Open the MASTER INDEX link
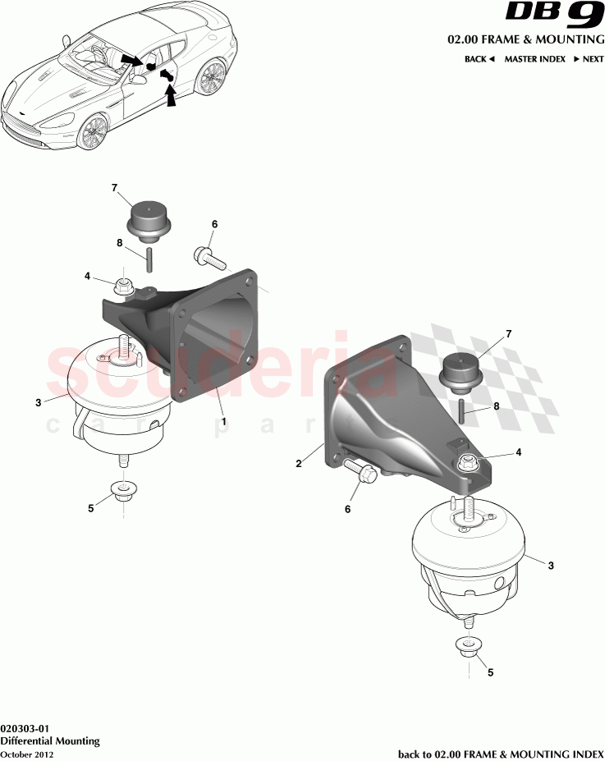(x=534, y=60)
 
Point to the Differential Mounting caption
(x=50, y=740)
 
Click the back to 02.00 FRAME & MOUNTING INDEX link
(x=501, y=754)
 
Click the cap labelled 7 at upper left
(x=150, y=219)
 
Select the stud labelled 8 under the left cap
(x=151, y=259)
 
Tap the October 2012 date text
(x=27, y=754)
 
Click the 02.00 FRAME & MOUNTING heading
(x=525, y=39)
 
